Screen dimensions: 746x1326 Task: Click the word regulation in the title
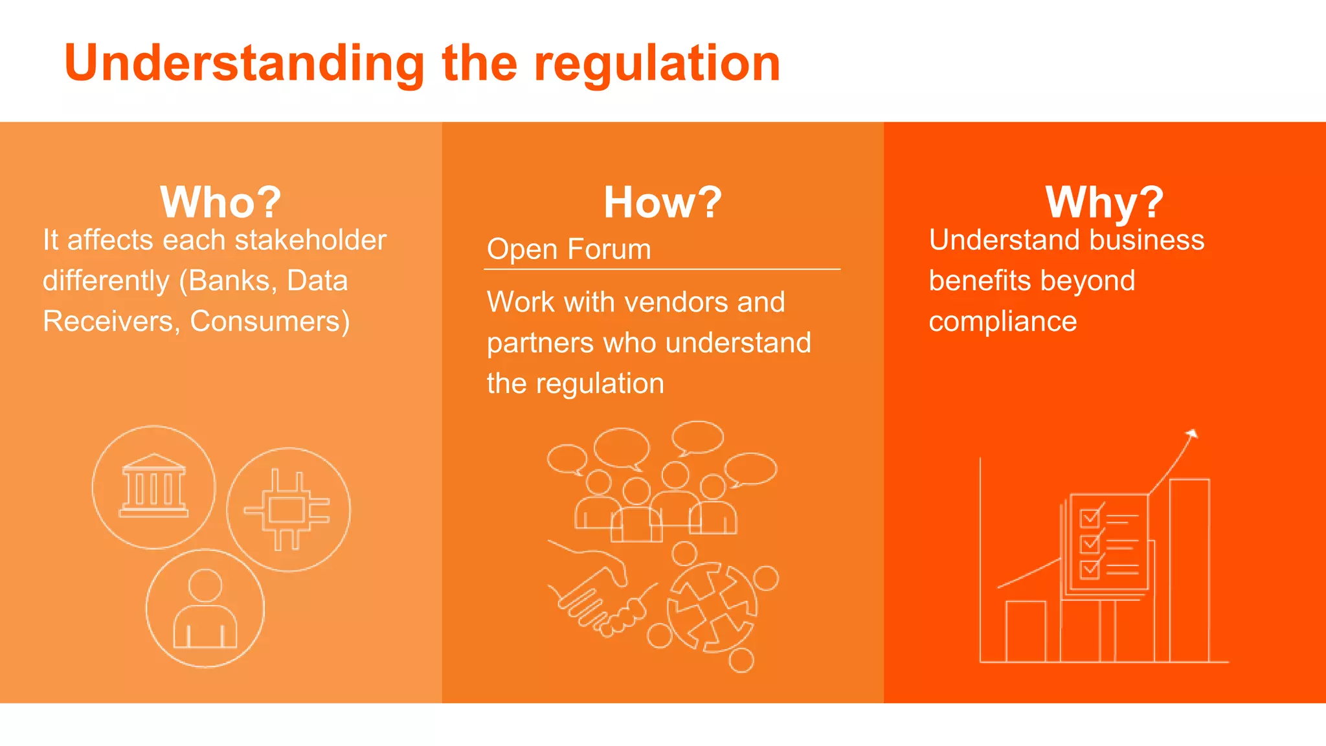[x=657, y=63]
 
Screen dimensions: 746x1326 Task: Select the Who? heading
[x=220, y=202]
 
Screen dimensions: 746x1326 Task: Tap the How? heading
[x=662, y=202]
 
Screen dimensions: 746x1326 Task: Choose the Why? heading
[x=1104, y=202]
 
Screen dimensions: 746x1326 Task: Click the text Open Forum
[x=568, y=249]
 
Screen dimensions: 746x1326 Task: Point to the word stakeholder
[x=310, y=240]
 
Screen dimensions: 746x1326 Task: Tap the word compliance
[x=1002, y=321]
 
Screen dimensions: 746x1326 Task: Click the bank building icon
[x=153, y=486]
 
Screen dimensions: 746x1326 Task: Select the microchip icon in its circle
[x=287, y=510]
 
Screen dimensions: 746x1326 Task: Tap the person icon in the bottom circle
[x=205, y=609]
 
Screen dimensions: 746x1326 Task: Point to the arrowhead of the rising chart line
[x=1192, y=434]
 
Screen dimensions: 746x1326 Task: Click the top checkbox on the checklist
[x=1090, y=518]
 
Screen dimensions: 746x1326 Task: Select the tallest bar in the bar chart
[x=1189, y=570]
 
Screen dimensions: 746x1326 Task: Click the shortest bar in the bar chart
[x=1026, y=631]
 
